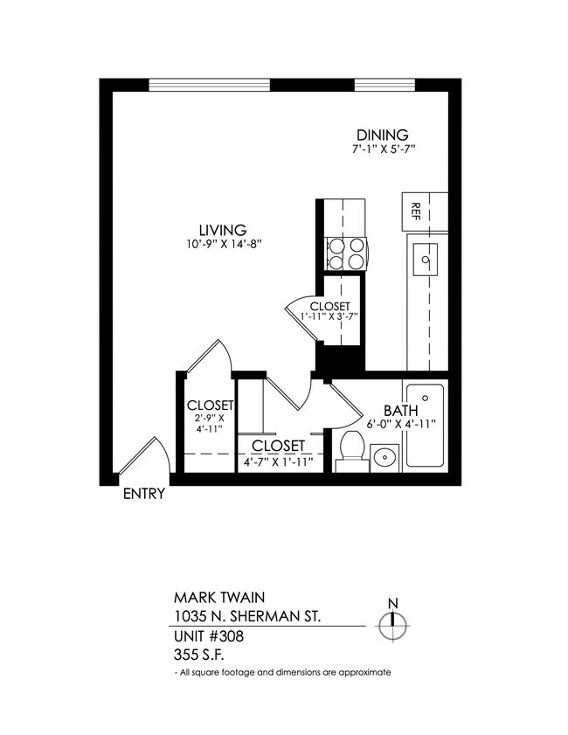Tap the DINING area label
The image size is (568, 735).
click(382, 135)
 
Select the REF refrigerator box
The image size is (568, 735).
click(416, 211)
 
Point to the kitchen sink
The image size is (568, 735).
click(426, 260)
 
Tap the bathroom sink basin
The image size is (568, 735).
click(384, 456)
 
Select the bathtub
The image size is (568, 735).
click(426, 426)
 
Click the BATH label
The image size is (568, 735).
click(401, 410)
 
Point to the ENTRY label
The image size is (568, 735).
click(143, 494)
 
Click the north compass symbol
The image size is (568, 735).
click(393, 621)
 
